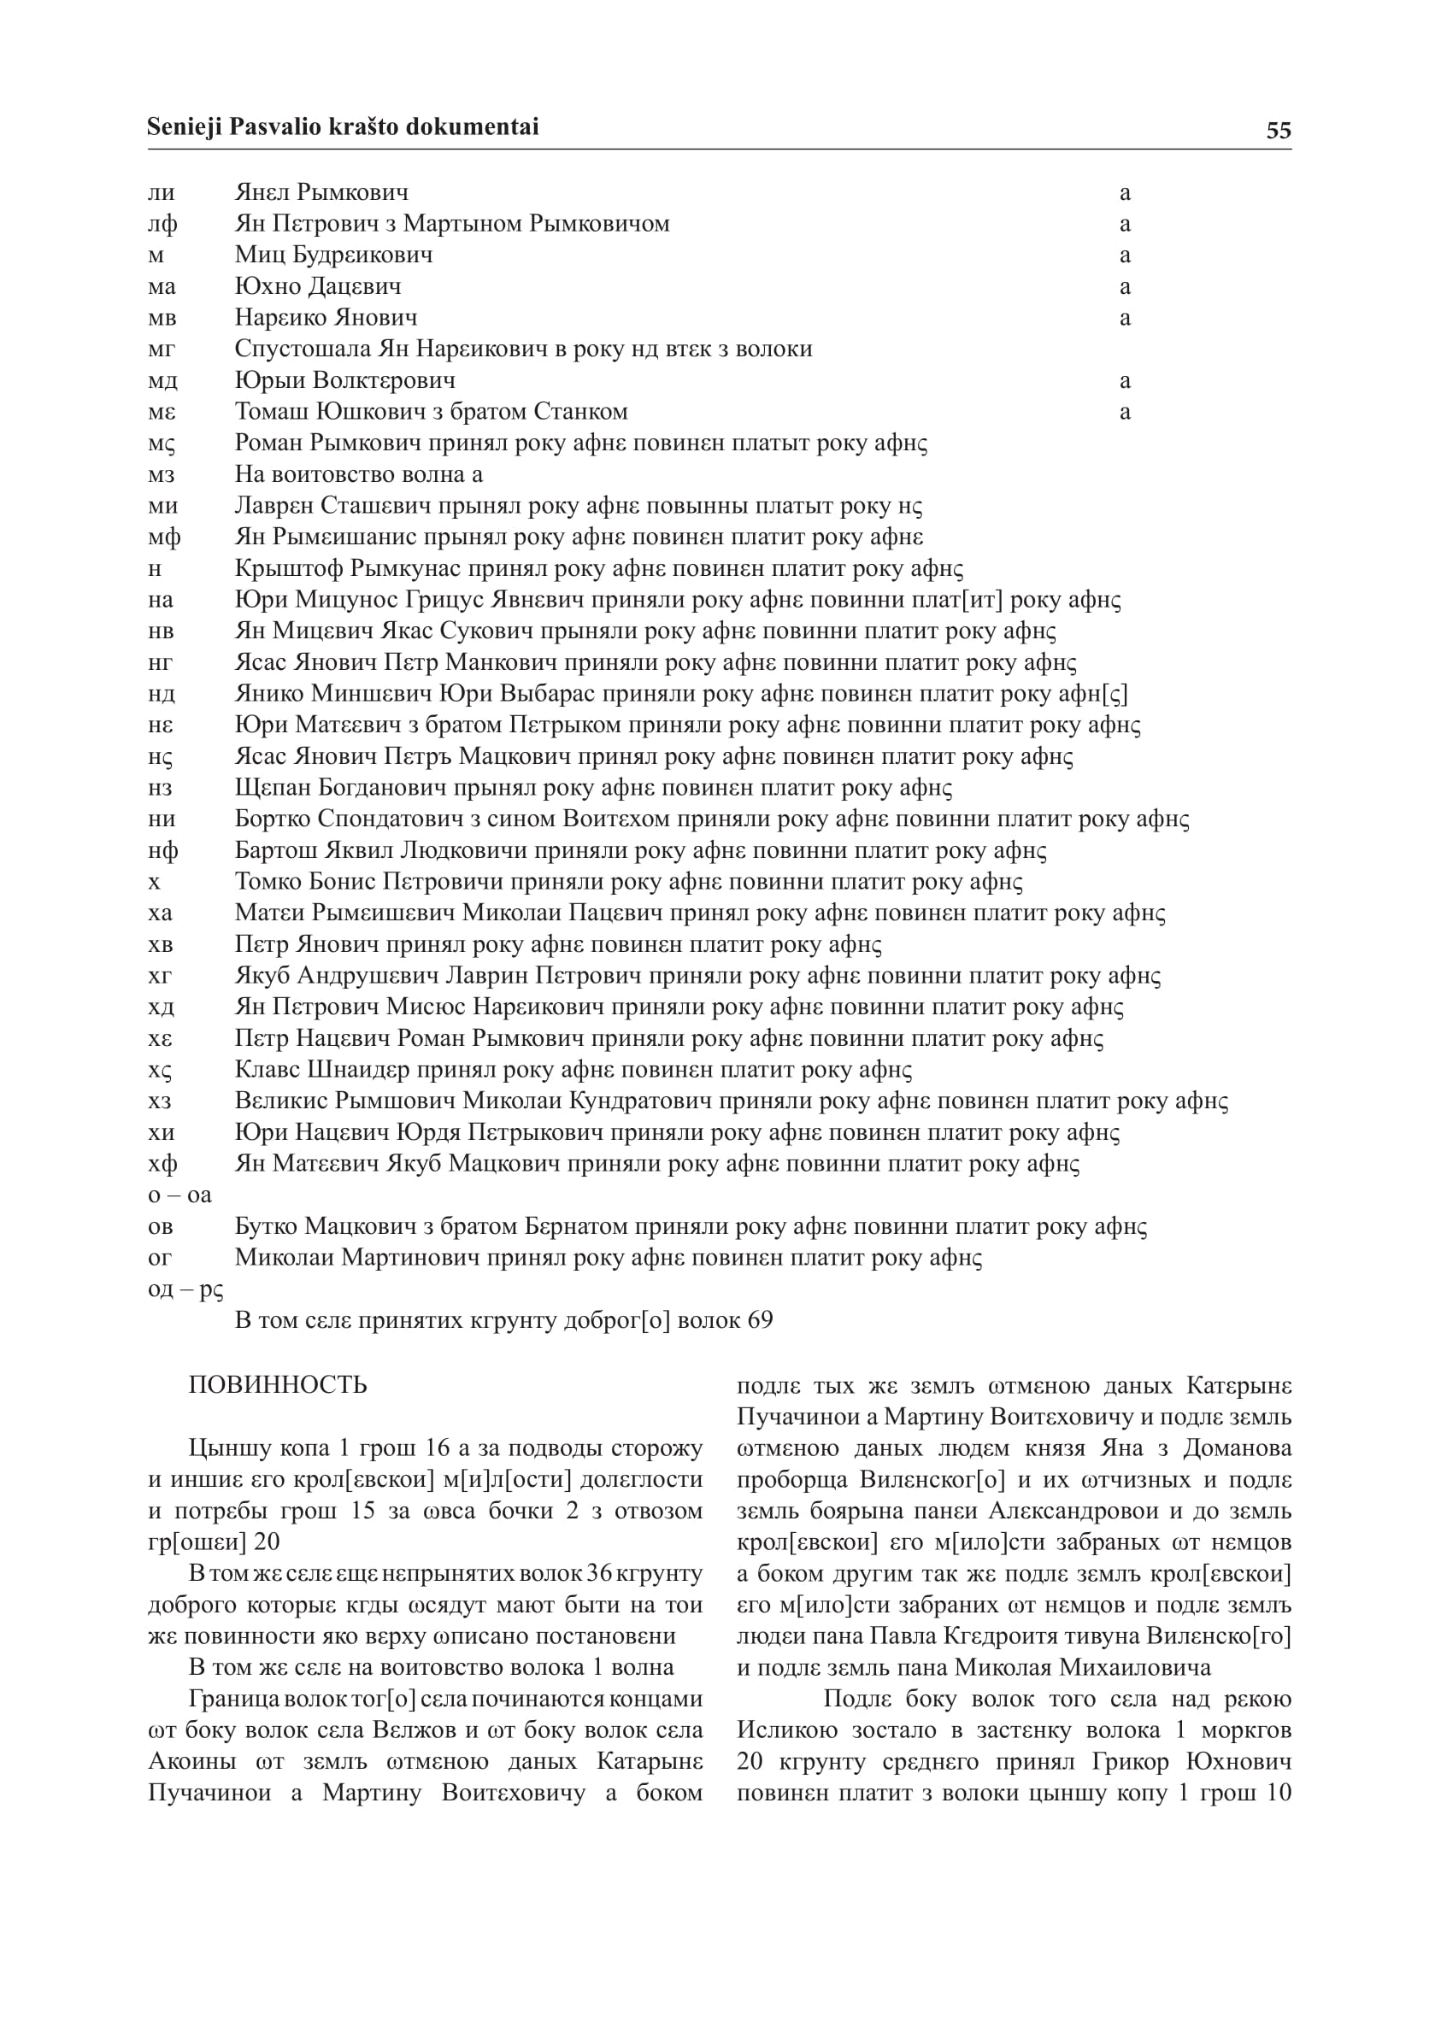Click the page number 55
tap(1278, 131)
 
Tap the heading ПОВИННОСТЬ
tap(278, 1384)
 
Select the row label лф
tap(162, 224)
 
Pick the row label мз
tap(162, 474)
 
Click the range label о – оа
tap(180, 1195)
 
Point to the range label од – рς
tap(185, 1289)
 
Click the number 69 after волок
tap(761, 1320)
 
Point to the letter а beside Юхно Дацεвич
tap(1125, 286)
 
